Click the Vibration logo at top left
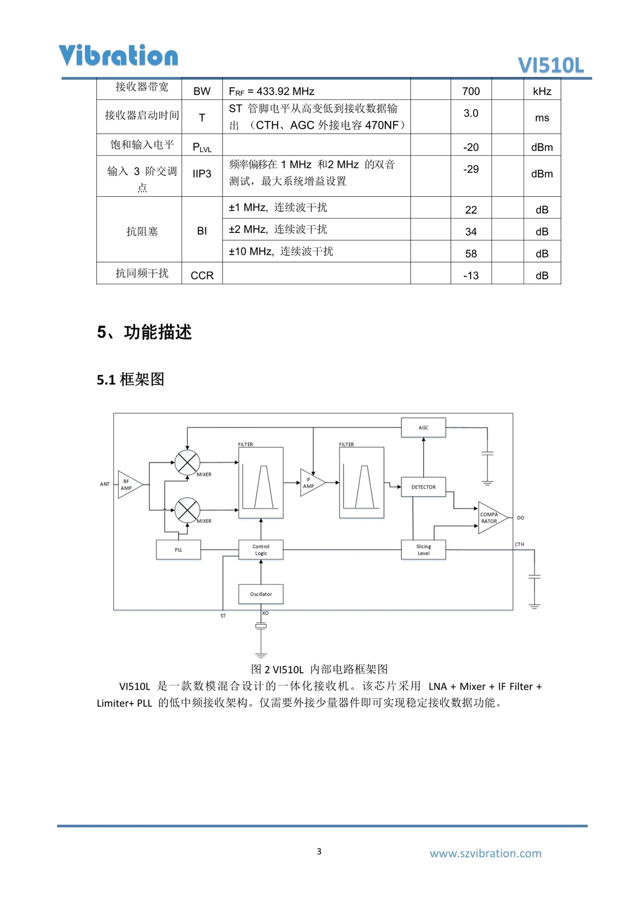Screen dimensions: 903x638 pyautogui.click(x=118, y=55)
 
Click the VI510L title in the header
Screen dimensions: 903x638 pyautogui.click(x=551, y=65)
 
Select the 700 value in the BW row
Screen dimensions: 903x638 pyautogui.click(x=471, y=91)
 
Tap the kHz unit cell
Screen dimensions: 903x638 pyautogui.click(x=542, y=91)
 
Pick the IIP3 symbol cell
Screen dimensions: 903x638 pyautogui.click(x=202, y=174)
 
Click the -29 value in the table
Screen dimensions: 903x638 pyautogui.click(x=471, y=169)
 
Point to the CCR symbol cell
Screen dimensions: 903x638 pyautogui.click(x=202, y=276)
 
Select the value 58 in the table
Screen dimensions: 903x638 pyautogui.click(x=471, y=253)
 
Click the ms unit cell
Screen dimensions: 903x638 pyautogui.click(x=542, y=118)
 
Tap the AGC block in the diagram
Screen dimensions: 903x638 pyautogui.click(x=423, y=427)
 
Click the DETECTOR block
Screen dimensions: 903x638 pyautogui.click(x=423, y=487)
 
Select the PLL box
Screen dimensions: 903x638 pyautogui.click(x=178, y=550)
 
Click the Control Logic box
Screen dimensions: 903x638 pyautogui.click(x=261, y=550)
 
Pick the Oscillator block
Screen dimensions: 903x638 pyautogui.click(x=261, y=594)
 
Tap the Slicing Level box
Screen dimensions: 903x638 pyautogui.click(x=423, y=550)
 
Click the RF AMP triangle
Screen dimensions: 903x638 pyautogui.click(x=129, y=485)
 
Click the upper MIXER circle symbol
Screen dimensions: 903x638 pyautogui.click(x=187, y=463)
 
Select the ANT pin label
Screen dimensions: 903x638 pyautogui.click(x=105, y=484)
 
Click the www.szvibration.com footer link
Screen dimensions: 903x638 pyautogui.click(x=485, y=853)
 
